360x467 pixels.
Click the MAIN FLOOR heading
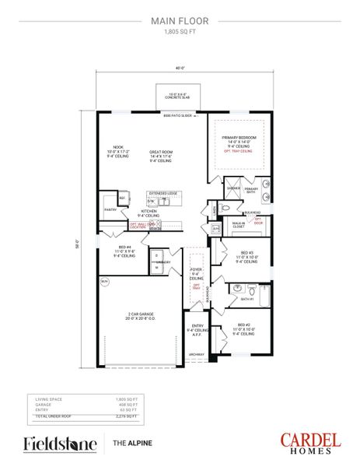click(x=180, y=23)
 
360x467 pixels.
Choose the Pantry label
click(x=110, y=209)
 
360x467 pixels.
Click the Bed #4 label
click(x=124, y=251)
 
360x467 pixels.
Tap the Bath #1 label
click(x=246, y=299)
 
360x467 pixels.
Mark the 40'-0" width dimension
click(x=180, y=68)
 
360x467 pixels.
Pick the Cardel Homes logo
click(x=311, y=443)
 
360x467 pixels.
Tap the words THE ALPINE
click(x=130, y=444)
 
